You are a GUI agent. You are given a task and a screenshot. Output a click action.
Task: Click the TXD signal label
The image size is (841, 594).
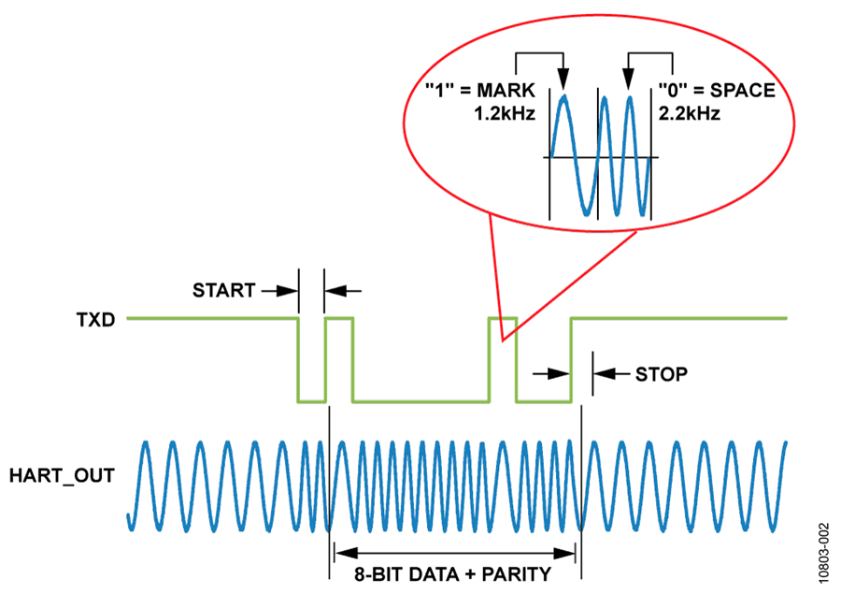[95, 319]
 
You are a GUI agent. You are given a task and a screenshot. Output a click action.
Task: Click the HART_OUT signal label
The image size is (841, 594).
[62, 475]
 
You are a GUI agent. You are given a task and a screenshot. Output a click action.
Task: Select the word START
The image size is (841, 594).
[223, 291]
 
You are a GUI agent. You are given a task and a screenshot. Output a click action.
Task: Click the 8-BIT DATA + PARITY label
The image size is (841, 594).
[455, 573]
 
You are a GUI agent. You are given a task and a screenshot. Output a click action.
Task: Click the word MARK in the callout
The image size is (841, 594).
[504, 92]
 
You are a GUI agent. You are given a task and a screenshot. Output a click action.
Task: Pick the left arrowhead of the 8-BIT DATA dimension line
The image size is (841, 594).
[339, 551]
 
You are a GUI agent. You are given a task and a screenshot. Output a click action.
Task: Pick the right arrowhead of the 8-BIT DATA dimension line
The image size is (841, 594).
[572, 551]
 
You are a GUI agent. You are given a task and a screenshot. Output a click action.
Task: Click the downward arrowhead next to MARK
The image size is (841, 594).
[563, 80]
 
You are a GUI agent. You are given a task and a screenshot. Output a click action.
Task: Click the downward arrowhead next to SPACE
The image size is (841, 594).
[629, 80]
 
